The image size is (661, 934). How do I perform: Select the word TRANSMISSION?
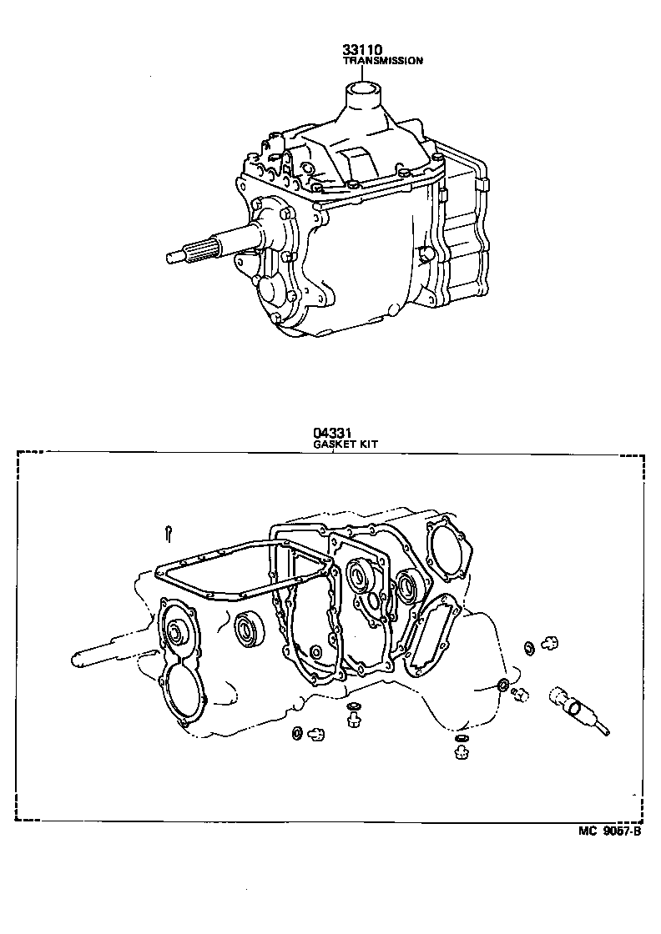[383, 61]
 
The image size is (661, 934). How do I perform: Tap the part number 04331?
[330, 433]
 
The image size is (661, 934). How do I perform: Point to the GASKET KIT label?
[345, 444]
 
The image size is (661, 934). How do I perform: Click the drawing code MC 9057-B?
[610, 831]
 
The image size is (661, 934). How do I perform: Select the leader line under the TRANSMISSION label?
[364, 73]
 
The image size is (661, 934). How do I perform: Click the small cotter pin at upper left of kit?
[169, 531]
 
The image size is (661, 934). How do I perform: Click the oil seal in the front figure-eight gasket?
[176, 635]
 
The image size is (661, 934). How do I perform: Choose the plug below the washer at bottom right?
[461, 753]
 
